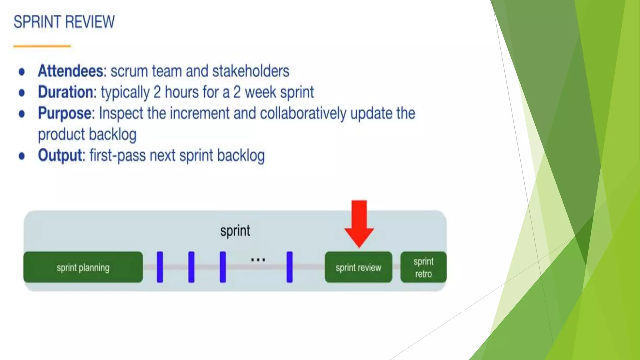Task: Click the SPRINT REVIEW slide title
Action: click(64, 22)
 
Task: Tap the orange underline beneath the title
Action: click(42, 46)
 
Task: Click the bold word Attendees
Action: click(70, 71)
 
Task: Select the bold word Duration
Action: click(66, 92)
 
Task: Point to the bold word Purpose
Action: click(64, 113)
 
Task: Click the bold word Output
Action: click(60, 155)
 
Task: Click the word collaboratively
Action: click(303, 113)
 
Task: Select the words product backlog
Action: click(87, 134)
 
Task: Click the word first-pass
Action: click(117, 155)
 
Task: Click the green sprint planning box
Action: click(83, 267)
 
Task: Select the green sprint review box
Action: click(358, 267)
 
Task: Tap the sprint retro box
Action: click(423, 267)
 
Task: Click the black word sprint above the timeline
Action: click(235, 231)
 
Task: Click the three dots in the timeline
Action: click(258, 260)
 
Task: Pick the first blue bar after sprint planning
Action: click(160, 267)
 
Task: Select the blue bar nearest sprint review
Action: click(290, 267)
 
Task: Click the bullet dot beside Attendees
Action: click(22, 72)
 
